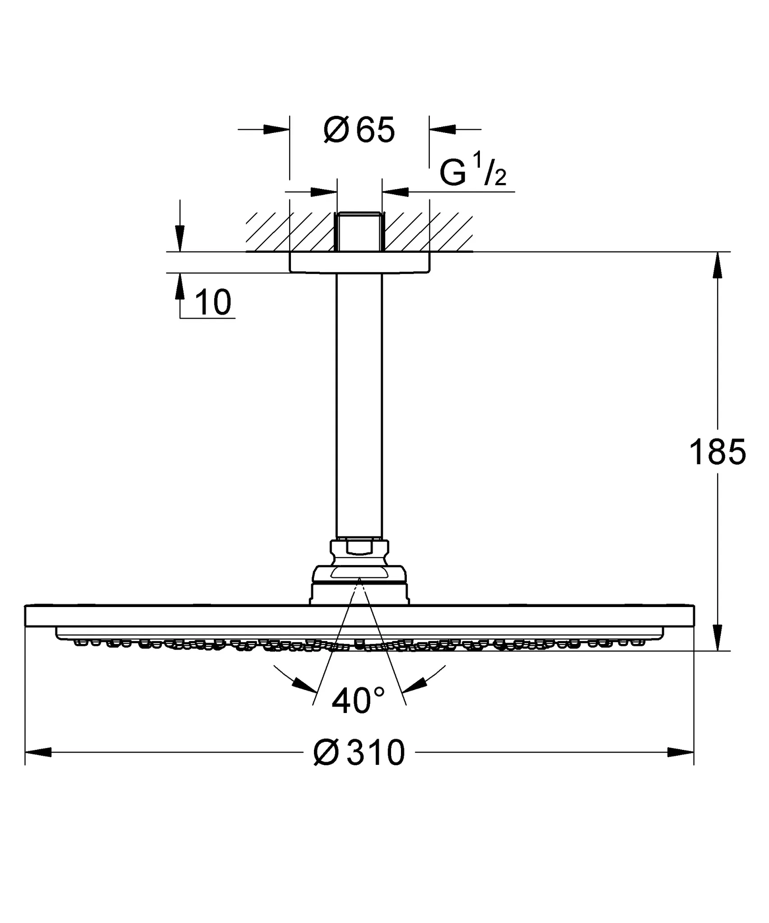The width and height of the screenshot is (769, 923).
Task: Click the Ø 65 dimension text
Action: click(x=359, y=130)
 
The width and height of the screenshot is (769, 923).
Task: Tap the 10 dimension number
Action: click(x=214, y=303)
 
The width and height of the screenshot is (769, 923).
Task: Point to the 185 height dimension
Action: click(x=717, y=452)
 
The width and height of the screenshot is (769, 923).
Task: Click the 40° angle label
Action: click(x=358, y=701)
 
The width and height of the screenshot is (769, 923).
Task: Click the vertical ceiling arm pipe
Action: click(x=359, y=406)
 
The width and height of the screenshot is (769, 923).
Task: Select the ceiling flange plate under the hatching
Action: click(x=359, y=262)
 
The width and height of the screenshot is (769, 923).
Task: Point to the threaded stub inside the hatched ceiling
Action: click(x=359, y=231)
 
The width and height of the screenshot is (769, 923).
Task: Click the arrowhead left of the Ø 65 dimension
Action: click(x=276, y=130)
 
